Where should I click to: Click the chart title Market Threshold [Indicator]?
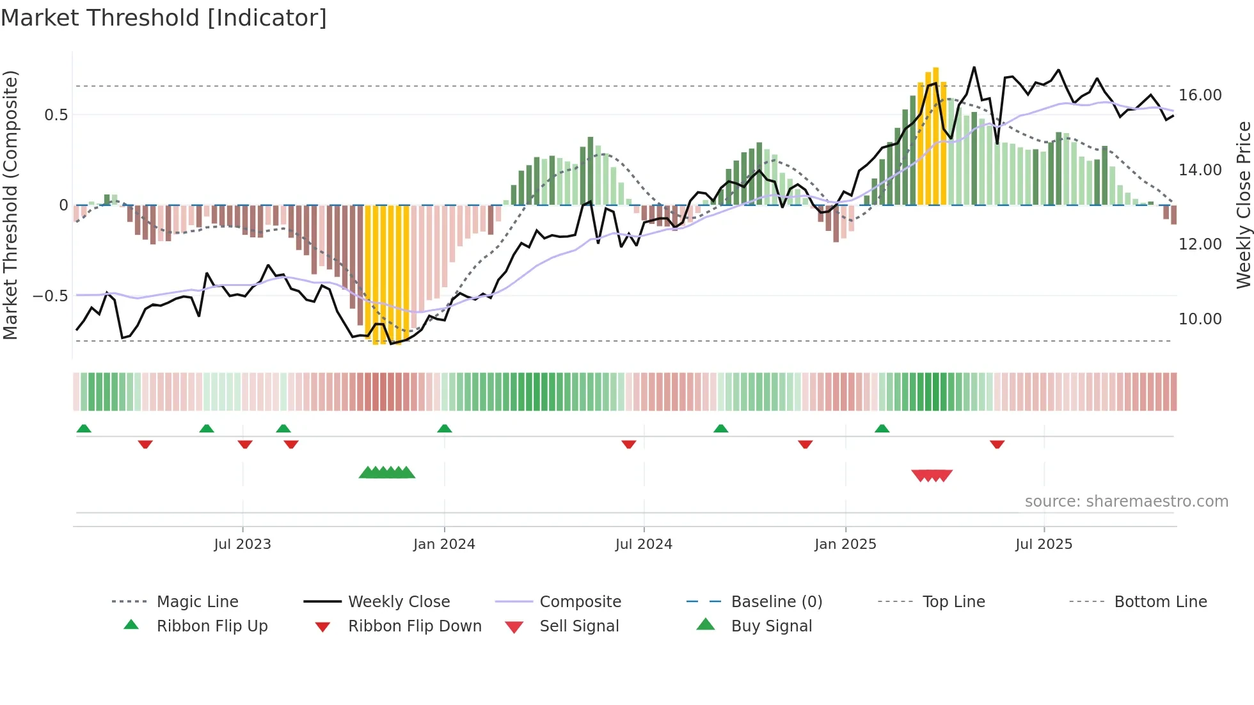coord(164,18)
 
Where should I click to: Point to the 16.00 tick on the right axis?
coord(1200,95)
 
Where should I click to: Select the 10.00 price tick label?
coord(1200,319)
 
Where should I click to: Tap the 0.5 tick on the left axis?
coord(56,115)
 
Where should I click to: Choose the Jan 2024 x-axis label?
coord(444,544)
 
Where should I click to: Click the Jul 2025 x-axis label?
coord(1044,544)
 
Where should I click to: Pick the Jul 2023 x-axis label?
coord(242,544)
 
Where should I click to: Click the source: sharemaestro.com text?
coord(1126,502)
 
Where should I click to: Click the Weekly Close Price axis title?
coord(1243,205)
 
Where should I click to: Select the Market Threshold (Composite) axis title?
coord(10,205)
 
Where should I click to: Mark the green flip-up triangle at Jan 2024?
coord(445,429)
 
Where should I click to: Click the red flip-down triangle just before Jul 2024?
coord(629,444)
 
